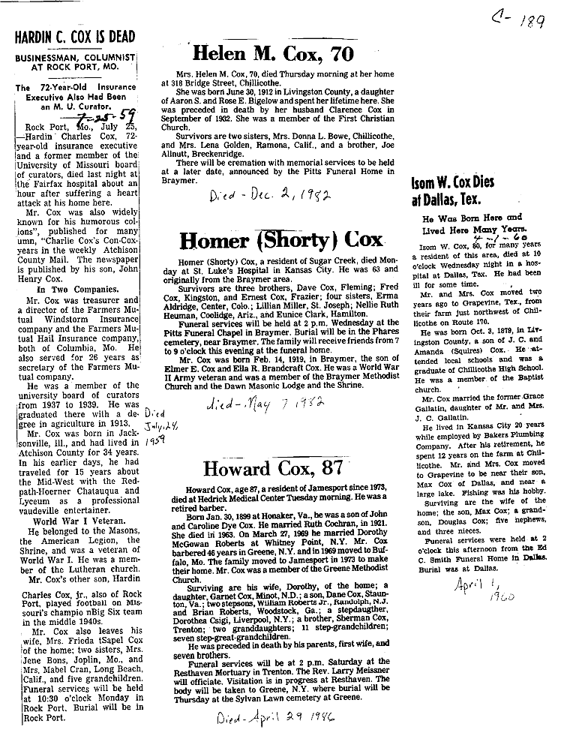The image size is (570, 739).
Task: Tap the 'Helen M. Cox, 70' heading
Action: click(x=272, y=53)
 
